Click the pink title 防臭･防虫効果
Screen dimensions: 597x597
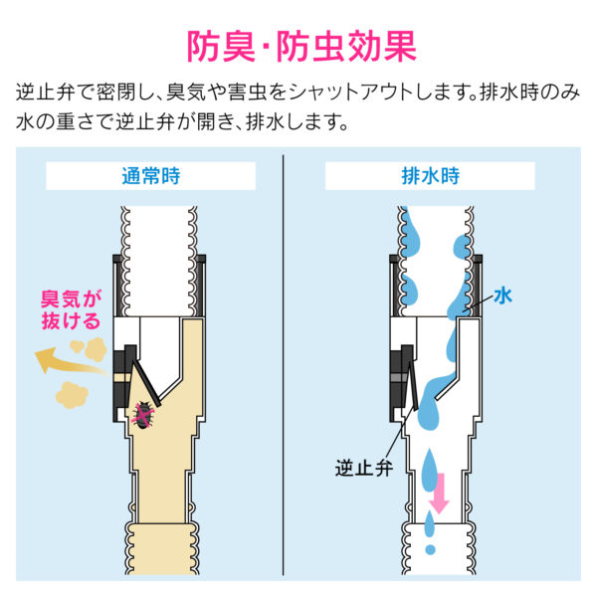(x=301, y=47)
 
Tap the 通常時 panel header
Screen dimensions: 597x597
(x=151, y=176)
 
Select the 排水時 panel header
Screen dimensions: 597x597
(x=430, y=176)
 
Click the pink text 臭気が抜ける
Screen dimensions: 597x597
(x=72, y=309)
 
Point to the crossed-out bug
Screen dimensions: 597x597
(x=143, y=414)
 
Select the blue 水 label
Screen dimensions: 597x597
(x=502, y=296)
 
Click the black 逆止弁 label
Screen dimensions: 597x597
(x=363, y=468)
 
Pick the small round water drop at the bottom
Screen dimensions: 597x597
(x=430, y=549)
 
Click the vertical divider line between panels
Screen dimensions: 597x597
(x=284, y=365)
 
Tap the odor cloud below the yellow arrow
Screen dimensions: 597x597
(x=72, y=395)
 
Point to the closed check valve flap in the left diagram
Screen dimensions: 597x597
(x=145, y=382)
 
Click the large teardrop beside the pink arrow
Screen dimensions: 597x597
(x=430, y=471)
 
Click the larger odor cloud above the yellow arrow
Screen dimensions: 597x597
(x=96, y=349)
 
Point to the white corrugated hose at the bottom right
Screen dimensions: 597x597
(x=438, y=549)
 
